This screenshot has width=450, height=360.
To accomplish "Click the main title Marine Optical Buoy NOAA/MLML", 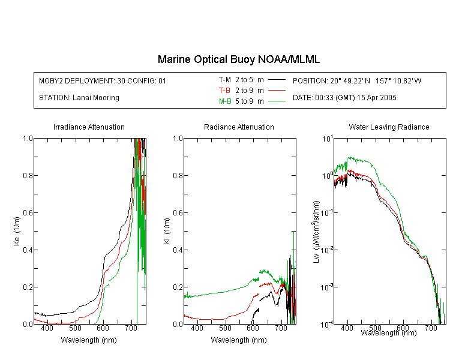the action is point(238,59).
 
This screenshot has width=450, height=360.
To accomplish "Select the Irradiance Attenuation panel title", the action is point(89,127).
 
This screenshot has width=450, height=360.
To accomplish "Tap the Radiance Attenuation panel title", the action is point(239,127).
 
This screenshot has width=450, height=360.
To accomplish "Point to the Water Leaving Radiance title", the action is point(389,127).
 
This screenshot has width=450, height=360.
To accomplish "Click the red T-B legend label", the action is point(224,91).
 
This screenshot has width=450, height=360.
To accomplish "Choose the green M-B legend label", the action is point(225,101).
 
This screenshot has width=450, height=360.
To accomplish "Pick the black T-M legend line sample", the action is point(277,80).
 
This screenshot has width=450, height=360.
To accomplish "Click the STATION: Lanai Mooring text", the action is point(79,98).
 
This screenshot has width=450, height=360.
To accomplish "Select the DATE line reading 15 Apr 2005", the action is point(344,98).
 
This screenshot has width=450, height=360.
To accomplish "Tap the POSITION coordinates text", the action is point(357,80).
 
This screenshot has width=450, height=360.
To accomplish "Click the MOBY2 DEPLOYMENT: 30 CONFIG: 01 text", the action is point(103,80).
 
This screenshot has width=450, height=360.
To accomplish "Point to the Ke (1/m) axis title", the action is point(17,232).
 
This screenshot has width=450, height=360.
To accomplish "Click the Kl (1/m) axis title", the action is point(166,232).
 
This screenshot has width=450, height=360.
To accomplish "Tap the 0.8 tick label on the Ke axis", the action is point(28,175).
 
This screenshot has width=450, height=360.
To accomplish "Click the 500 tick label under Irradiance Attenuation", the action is point(75,328).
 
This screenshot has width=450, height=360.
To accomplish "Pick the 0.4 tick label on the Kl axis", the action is point(178,250).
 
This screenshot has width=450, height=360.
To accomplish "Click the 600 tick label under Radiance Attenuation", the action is point(253,328).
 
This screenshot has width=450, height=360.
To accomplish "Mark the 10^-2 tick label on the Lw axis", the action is point(327,250).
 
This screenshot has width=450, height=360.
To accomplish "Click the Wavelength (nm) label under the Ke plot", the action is point(89,340).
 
